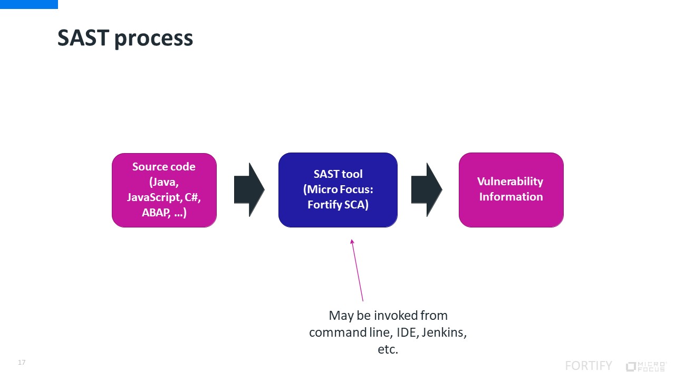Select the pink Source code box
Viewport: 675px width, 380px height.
pyautogui.click(x=164, y=190)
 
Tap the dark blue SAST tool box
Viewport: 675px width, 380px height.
pyautogui.click(x=337, y=190)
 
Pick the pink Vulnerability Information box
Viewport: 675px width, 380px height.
pyautogui.click(x=510, y=190)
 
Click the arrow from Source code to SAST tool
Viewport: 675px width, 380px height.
pyautogui.click(x=249, y=189)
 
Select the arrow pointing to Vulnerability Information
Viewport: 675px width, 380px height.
pyautogui.click(x=426, y=189)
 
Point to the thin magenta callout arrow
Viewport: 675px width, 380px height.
pyautogui.click(x=358, y=270)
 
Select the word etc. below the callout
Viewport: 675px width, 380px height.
pyautogui.click(x=388, y=349)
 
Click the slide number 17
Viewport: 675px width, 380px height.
pyautogui.click(x=22, y=363)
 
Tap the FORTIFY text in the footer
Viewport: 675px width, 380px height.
pyautogui.click(x=589, y=366)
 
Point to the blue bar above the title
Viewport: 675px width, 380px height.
pyautogui.click(x=29, y=4)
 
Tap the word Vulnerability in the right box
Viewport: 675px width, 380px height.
pyautogui.click(x=510, y=182)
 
